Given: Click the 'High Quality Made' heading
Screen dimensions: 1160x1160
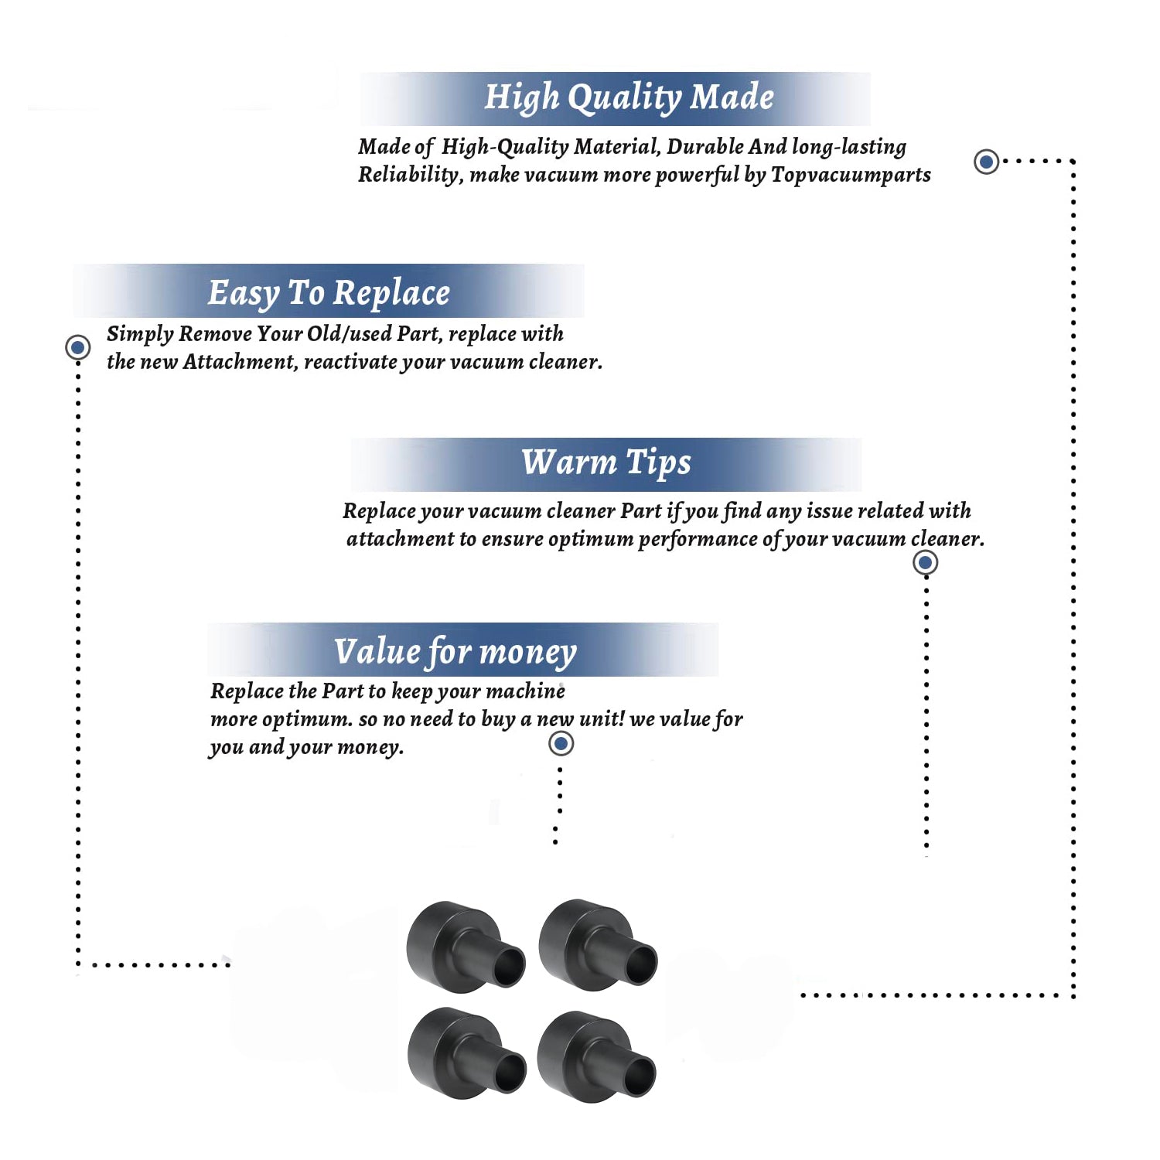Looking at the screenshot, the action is [629, 98].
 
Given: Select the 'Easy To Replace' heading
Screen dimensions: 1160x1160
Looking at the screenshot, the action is [329, 294].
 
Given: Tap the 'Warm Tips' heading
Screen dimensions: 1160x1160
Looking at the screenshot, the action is [606, 463].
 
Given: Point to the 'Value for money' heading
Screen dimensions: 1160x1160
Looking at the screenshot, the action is [455, 652].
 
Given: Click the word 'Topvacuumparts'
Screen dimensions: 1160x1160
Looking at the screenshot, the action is [851, 175].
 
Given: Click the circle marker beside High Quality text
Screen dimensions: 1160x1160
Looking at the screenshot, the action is [986, 162].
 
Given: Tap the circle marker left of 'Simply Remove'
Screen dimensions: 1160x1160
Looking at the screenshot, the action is [77, 347].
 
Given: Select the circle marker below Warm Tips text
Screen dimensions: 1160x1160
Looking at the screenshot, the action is [925, 562].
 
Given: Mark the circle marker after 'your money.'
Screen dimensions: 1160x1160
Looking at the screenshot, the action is [561, 744].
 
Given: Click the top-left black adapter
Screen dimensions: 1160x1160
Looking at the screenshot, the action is [466, 947].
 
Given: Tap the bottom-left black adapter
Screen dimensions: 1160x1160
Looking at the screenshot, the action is [466, 1053].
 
